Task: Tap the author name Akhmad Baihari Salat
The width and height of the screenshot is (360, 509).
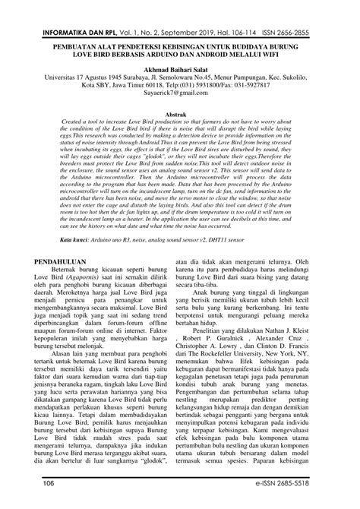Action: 179,67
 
